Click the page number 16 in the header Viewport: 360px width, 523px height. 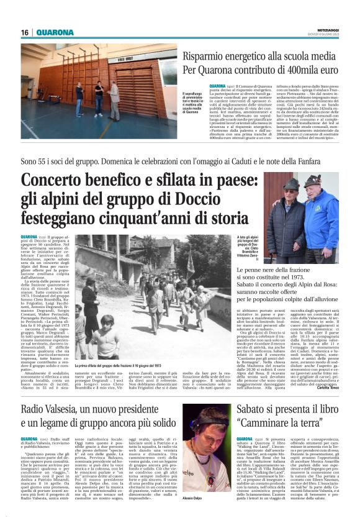tap(25, 32)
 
